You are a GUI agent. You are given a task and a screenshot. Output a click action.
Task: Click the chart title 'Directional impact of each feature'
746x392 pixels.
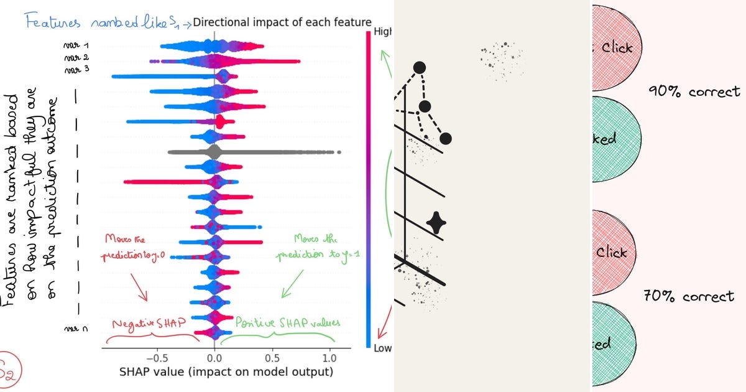coord(282,23)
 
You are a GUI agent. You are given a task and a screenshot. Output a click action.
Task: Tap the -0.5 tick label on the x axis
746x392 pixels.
coord(158,358)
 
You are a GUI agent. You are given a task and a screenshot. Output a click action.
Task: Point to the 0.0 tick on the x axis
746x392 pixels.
coord(214,358)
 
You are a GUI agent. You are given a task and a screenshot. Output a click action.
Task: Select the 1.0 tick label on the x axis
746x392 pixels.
coord(330,358)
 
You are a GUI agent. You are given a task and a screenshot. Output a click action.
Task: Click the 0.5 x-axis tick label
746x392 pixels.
coord(272,358)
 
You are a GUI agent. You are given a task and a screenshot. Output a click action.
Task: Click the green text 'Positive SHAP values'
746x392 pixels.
coord(287,323)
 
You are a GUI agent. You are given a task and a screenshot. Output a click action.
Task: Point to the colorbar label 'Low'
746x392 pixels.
coord(382,348)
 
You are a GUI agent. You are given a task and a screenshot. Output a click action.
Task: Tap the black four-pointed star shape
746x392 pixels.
coord(436,222)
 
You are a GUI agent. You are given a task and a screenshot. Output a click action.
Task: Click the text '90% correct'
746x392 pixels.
coord(694,92)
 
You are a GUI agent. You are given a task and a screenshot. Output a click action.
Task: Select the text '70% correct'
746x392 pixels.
coord(689,296)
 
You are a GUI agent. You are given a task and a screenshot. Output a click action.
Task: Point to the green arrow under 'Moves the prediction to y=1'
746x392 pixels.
coord(290,285)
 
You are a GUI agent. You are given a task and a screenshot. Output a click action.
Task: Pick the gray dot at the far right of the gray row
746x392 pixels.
coord(338,151)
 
